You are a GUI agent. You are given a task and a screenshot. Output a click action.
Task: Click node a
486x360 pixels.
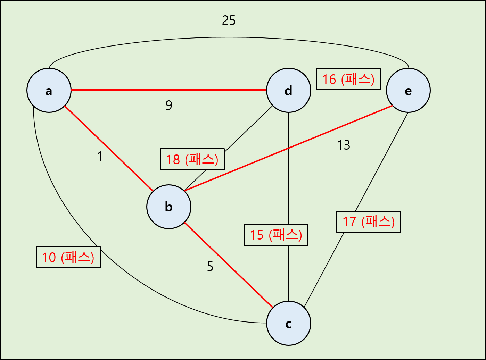tap(49, 90)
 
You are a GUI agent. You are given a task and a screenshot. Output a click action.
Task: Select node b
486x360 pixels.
tap(169, 207)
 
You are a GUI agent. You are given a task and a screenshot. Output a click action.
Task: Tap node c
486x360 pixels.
tap(289, 323)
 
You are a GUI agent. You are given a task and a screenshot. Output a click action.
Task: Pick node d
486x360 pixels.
tap(289, 90)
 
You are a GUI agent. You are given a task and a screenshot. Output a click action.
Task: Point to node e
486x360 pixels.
tap(408, 90)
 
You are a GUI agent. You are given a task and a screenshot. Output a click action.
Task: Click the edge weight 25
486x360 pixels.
tap(229, 20)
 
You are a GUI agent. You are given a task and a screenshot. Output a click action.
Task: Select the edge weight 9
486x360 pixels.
tap(169, 105)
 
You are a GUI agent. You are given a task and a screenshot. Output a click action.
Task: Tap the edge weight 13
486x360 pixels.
tap(344, 145)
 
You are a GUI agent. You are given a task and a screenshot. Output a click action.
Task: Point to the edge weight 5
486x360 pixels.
tap(210, 267)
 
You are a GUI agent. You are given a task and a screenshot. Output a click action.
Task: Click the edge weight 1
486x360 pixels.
tap(100, 157)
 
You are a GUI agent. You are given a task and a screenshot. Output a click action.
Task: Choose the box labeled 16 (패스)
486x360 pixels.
tap(348, 79)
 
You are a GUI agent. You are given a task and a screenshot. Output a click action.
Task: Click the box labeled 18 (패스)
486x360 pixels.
tap(192, 159)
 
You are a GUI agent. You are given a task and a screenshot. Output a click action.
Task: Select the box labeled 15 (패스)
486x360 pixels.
tap(276, 235)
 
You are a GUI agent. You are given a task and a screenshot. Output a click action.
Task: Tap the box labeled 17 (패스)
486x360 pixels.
tap(369, 221)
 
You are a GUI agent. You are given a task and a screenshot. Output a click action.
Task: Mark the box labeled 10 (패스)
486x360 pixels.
tap(68, 257)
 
